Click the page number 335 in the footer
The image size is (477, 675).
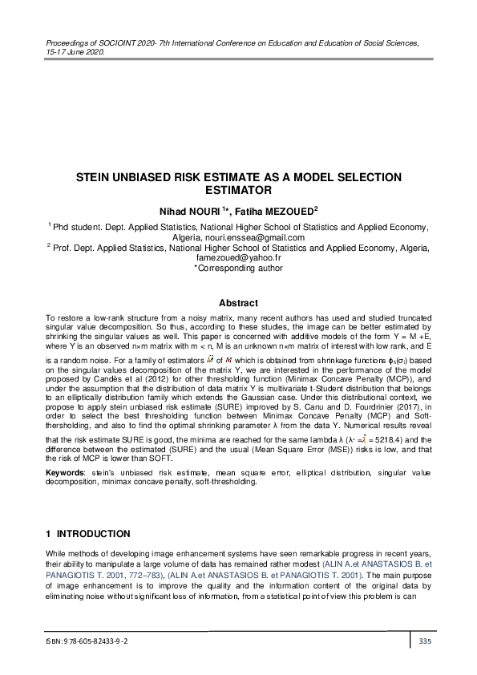point(426,641)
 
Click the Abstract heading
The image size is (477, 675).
point(238,303)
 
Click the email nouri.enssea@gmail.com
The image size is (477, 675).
point(264,237)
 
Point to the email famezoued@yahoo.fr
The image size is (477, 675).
point(238,259)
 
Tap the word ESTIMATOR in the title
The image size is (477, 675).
point(238,191)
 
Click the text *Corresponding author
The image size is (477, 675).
point(238,269)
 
